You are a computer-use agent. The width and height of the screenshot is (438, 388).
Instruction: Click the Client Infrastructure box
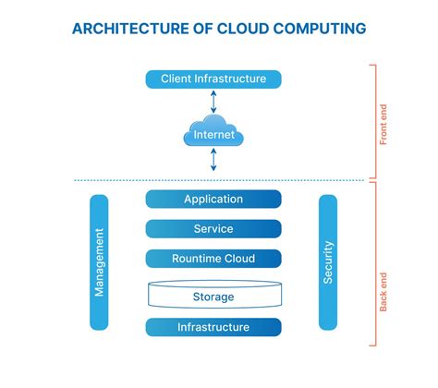[213, 79]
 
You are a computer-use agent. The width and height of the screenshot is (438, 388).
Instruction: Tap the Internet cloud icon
[213, 135]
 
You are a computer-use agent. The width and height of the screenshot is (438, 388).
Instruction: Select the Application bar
[213, 200]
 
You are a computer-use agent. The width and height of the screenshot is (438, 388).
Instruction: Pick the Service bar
[213, 229]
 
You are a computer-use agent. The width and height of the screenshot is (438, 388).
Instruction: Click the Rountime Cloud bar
[213, 259]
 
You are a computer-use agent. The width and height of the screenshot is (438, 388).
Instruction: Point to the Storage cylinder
[213, 296]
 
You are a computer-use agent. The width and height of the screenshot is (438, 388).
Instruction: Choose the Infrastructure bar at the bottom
[213, 327]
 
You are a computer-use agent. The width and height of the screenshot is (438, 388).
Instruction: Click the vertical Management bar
[99, 262]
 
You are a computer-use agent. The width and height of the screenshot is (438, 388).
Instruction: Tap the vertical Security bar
[328, 262]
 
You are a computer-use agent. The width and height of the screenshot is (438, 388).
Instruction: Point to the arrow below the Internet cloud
[213, 161]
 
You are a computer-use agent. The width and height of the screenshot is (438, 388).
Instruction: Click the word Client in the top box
[177, 79]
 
